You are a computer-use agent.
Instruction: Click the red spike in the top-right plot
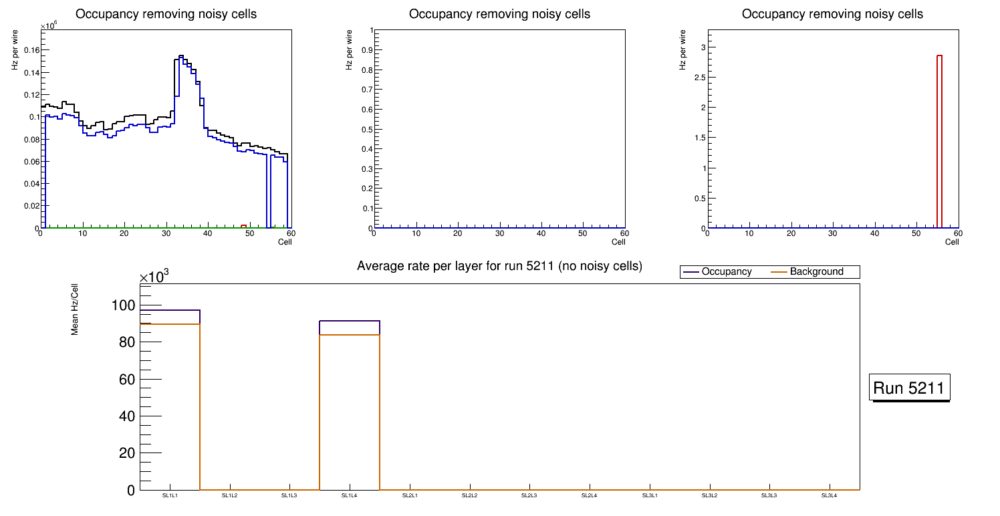939,140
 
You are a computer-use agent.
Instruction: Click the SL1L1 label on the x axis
170,495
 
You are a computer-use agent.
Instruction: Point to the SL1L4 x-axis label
350,495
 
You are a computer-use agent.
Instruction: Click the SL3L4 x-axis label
829,495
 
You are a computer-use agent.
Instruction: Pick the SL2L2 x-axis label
469,495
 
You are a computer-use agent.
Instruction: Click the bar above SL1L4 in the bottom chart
350,401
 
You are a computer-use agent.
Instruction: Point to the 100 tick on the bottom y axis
123,305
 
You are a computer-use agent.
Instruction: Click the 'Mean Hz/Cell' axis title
75,311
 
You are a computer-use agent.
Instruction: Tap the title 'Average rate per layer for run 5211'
499,266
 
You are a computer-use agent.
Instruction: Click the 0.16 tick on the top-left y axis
31,49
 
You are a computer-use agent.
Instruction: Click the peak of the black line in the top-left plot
181,56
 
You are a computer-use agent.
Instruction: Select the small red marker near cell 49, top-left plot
244,226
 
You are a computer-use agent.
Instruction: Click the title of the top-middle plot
499,13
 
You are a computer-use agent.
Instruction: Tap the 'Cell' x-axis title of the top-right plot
952,242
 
